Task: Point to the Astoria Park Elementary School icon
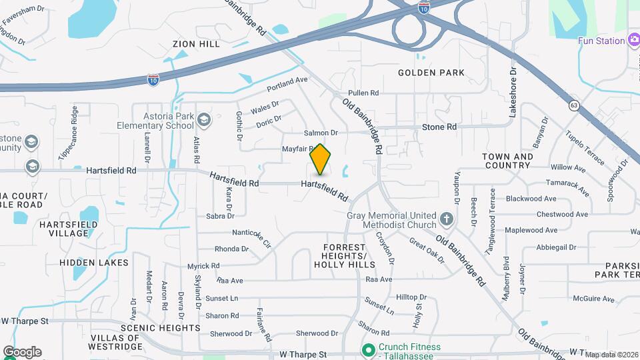(203, 121)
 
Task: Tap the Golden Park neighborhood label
(431, 72)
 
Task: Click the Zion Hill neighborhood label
(195, 44)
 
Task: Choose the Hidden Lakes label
(94, 263)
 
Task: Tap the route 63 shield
(574, 105)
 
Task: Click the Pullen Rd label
(363, 93)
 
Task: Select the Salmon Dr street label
(321, 133)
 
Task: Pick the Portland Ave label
(287, 84)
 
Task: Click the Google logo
(22, 352)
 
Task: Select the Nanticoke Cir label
(251, 239)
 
